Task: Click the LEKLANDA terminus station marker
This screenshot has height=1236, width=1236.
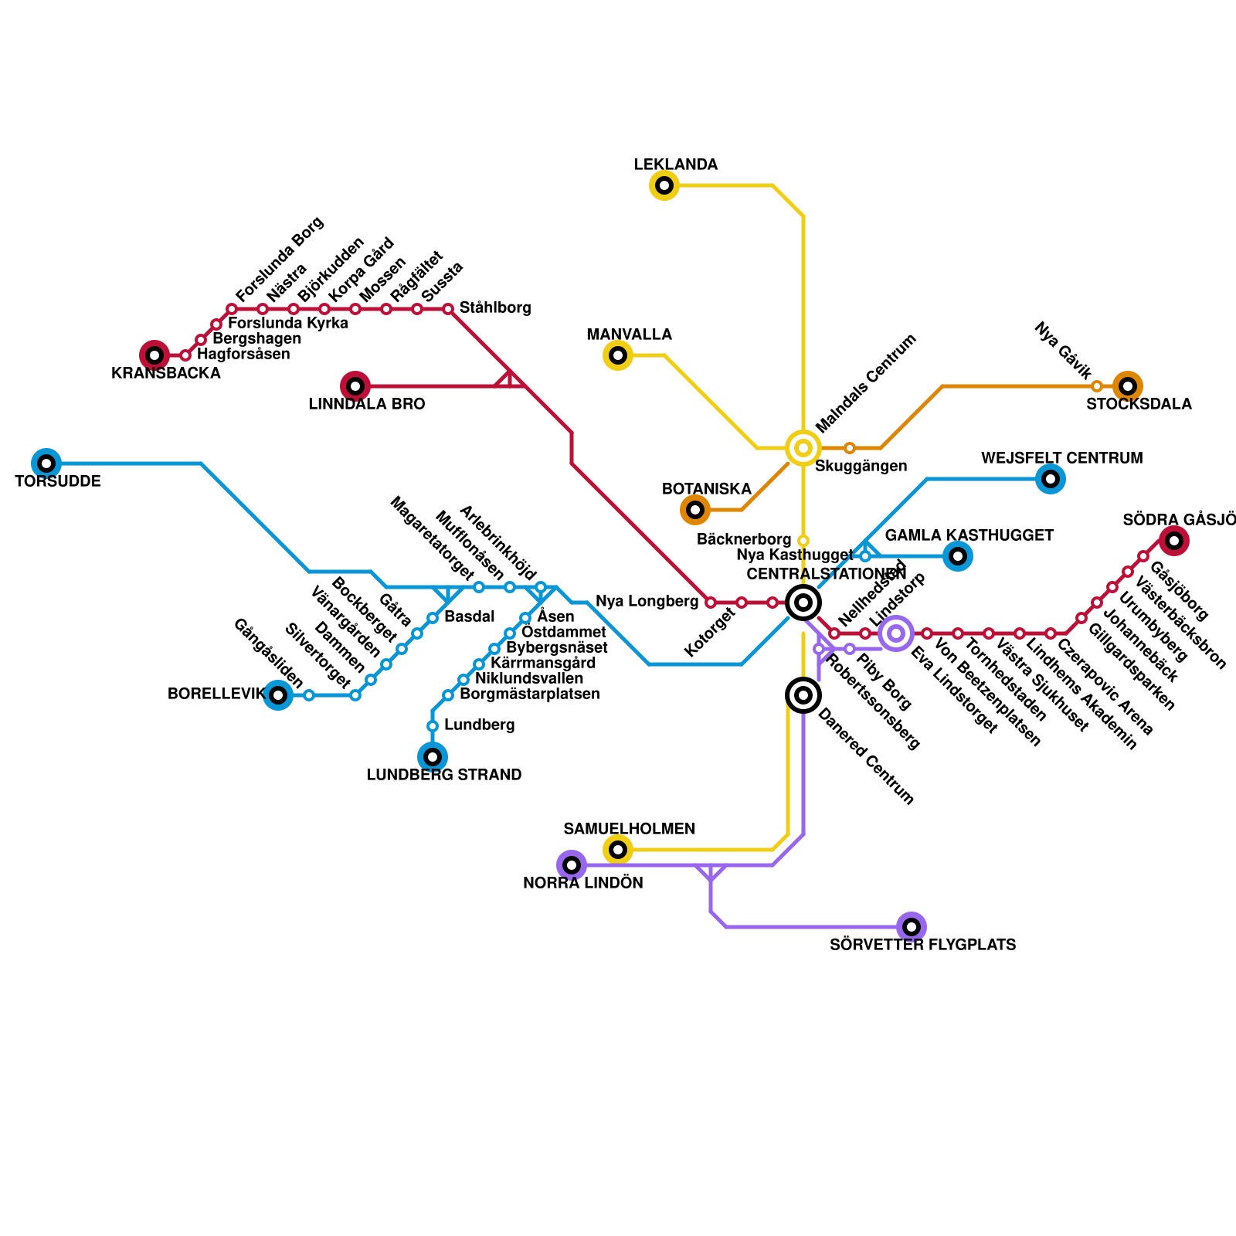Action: pyautogui.click(x=664, y=185)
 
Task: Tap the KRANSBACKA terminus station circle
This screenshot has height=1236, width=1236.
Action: pyautogui.click(x=154, y=355)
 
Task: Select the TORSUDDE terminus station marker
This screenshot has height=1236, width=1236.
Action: pyautogui.click(x=46, y=463)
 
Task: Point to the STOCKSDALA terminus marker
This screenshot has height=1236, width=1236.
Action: pyautogui.click(x=1128, y=386)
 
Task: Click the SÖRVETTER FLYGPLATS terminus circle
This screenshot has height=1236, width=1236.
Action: pyautogui.click(x=912, y=927)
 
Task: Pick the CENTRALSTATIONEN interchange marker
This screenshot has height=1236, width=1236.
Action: pyautogui.click(x=803, y=603)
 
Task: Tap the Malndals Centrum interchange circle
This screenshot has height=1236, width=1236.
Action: pyautogui.click(x=803, y=448)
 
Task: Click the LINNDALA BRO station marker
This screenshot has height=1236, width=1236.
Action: pyautogui.click(x=355, y=386)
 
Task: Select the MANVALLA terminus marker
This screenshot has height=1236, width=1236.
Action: pyautogui.click(x=618, y=355)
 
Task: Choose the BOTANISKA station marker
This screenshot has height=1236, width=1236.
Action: pyautogui.click(x=695, y=510)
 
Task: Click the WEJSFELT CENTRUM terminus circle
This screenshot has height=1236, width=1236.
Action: pyautogui.click(x=1051, y=479)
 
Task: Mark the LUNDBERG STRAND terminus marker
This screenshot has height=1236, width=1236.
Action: pyautogui.click(x=433, y=757)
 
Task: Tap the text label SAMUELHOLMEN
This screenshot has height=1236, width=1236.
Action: pyautogui.click(x=629, y=829)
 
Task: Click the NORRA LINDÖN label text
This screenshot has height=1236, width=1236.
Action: pyautogui.click(x=582, y=883)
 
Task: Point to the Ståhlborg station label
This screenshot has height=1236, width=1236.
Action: pyautogui.click(x=495, y=308)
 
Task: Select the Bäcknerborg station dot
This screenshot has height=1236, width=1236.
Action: pyautogui.click(x=803, y=541)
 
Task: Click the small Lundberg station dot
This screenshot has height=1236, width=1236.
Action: pyautogui.click(x=433, y=726)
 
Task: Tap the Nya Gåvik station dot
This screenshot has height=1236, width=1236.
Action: pyautogui.click(x=1097, y=386)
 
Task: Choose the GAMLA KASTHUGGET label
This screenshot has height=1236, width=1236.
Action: pyautogui.click(x=969, y=535)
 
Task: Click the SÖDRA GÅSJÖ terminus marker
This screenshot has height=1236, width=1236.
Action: pyautogui.click(x=1174, y=541)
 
